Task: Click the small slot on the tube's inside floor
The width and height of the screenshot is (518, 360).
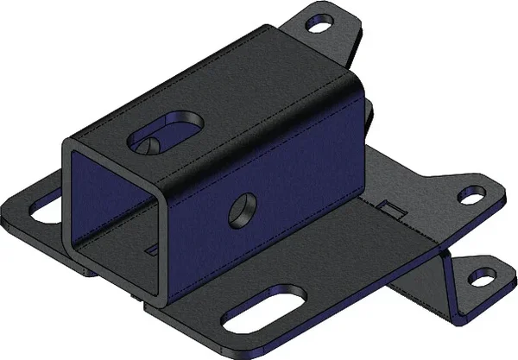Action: click(x=151, y=250)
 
